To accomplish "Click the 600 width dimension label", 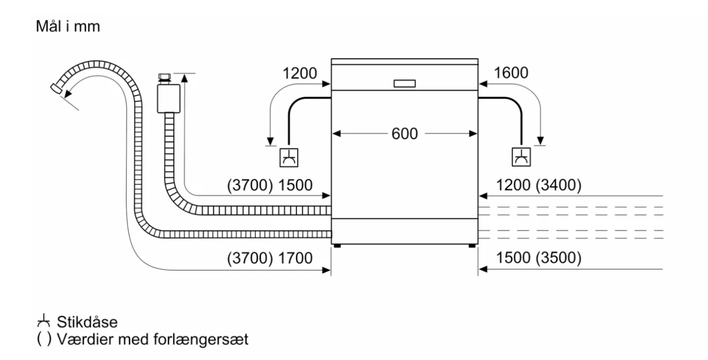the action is coord(404,134).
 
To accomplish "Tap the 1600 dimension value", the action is coord(511,73).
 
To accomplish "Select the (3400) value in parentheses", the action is coord(558,185).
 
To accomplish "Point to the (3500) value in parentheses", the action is coord(558,258).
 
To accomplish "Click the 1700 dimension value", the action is coord(295,258).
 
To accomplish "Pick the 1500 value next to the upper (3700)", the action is coord(295,185).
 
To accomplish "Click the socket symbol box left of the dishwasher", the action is coord(289,157).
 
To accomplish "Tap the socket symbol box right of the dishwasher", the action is coord(521,157).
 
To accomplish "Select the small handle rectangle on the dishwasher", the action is coord(405,83).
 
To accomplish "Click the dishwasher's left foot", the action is coord(337,246).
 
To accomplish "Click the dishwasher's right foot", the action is coord(472,246).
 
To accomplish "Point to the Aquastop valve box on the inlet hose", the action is coord(169,98).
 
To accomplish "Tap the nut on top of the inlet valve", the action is coord(164,76).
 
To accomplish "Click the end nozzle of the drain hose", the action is coord(56,88).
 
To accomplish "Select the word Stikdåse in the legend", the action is coord(87,322).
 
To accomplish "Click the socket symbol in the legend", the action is coord(44,320).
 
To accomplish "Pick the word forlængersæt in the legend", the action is coord(201,339).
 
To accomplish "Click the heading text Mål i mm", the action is coord(68,26).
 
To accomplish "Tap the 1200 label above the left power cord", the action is coord(300,73).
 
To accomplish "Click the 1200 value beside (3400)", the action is coord(514,185).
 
